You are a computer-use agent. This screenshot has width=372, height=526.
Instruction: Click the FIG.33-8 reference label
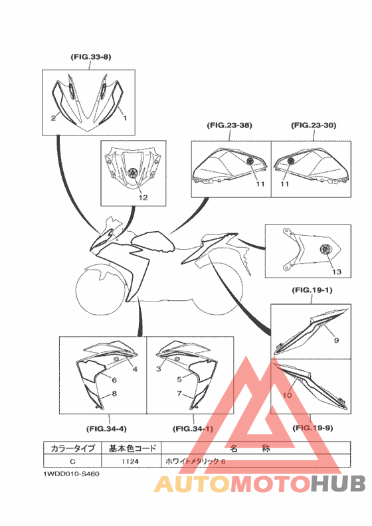click(91, 57)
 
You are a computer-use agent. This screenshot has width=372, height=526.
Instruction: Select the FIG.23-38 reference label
click(229, 126)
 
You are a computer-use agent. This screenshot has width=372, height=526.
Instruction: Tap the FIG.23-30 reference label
click(314, 126)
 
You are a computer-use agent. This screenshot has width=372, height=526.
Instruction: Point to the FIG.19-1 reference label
click(312, 290)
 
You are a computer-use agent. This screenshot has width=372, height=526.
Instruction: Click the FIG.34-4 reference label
click(106, 429)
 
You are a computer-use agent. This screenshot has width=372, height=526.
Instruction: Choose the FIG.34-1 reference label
click(193, 429)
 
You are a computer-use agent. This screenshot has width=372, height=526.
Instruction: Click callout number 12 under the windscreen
click(143, 198)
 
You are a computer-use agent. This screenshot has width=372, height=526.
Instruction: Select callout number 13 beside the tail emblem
click(336, 272)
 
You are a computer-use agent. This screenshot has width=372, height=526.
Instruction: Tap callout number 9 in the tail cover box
click(336, 340)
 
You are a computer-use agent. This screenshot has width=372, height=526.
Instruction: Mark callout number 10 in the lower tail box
click(287, 395)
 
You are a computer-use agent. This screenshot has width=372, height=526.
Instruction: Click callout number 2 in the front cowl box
click(53, 118)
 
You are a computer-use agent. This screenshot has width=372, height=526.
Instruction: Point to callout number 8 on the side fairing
click(114, 393)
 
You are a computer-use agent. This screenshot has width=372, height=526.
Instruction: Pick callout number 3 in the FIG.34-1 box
click(159, 369)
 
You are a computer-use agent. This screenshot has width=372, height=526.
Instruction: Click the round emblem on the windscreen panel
click(133, 173)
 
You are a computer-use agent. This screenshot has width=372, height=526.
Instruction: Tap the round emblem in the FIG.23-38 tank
click(250, 161)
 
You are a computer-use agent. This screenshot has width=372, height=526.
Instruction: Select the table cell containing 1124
click(131, 462)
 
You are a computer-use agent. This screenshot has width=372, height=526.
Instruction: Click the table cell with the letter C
click(72, 462)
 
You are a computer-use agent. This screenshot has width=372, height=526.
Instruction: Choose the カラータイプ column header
click(72, 448)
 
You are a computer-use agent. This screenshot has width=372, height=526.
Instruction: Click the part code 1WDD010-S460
click(71, 474)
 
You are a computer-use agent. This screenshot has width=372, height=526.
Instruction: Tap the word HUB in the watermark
click(337, 483)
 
